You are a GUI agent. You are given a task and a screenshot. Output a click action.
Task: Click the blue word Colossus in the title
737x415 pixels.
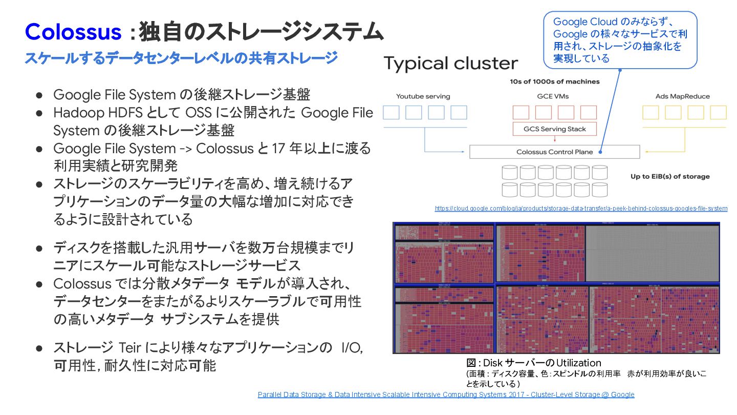tap(73, 32)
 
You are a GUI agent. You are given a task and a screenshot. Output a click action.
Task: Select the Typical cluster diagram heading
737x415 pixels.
tap(450, 64)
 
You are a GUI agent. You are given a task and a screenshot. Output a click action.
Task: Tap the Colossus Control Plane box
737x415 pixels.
tap(554, 152)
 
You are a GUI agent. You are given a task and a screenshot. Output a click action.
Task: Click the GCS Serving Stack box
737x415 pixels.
tap(554, 129)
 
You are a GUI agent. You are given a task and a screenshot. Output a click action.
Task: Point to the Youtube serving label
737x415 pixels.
tap(423, 96)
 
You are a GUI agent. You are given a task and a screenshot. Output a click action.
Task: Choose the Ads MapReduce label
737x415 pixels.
tap(682, 96)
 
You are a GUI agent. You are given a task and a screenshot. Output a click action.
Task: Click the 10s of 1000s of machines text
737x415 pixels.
tap(554, 81)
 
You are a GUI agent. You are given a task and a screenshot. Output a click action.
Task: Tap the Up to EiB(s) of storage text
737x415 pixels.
tap(670, 176)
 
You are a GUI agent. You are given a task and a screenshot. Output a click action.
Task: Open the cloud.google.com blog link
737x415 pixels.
tap(581, 209)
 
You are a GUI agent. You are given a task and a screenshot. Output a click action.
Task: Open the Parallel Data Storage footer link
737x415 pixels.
tap(446, 395)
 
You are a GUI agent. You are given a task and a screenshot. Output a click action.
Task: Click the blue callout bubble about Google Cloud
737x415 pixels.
tap(620, 40)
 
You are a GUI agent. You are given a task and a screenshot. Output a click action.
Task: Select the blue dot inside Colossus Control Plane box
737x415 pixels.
tap(599, 152)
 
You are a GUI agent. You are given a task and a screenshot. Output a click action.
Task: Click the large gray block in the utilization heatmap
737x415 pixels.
tap(652, 253)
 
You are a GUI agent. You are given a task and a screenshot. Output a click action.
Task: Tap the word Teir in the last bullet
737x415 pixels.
tap(129, 348)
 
